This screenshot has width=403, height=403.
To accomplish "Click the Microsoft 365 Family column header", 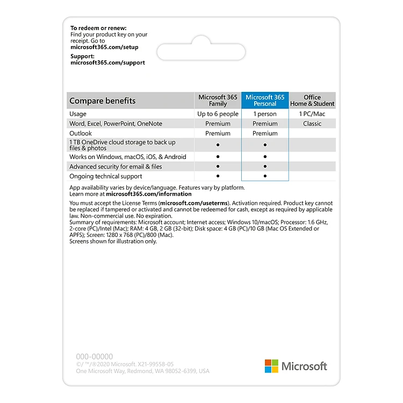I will click(218, 100).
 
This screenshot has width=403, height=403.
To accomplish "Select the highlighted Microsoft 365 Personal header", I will click(265, 100).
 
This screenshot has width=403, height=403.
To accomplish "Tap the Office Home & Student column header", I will click(312, 100).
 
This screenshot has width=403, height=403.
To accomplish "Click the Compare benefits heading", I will click(103, 100).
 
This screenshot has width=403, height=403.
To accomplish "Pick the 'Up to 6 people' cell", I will click(218, 114).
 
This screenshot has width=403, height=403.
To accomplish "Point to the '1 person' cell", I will click(265, 114).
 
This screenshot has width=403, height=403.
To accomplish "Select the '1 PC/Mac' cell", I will click(312, 114).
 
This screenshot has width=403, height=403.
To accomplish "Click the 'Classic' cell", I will click(312, 124).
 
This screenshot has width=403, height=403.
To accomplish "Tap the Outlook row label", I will click(81, 133).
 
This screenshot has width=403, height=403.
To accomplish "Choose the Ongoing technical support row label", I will click(106, 176).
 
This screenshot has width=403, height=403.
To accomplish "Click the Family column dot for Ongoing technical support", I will click(218, 176).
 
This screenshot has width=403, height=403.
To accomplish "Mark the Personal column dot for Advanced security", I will click(265, 167).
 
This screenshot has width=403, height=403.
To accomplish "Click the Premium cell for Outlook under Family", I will click(218, 133).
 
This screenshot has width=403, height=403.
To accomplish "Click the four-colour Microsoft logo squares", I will click(271, 366).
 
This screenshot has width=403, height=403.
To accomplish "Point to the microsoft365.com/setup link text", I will click(104, 47).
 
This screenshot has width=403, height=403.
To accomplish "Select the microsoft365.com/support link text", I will click(107, 62).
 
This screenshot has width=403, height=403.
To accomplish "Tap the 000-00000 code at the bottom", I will click(95, 356).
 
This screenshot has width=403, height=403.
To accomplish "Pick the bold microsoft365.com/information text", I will click(149, 194).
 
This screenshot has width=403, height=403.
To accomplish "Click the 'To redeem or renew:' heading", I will click(98, 28).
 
